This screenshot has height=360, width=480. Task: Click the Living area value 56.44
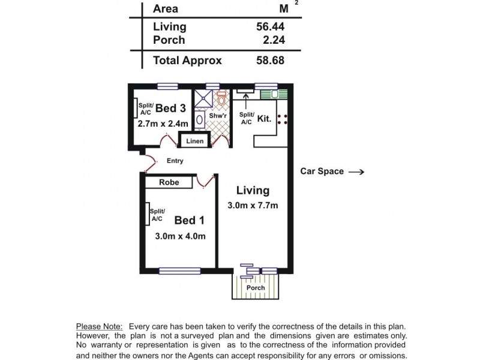pyautogui.click(x=269, y=26)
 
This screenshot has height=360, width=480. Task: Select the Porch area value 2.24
pyautogui.click(x=273, y=40)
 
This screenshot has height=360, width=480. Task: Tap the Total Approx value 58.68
pyautogui.click(x=269, y=60)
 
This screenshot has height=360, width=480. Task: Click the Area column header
pyautogui.click(x=165, y=8)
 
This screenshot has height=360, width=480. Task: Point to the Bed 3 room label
pyautogui.click(x=170, y=108)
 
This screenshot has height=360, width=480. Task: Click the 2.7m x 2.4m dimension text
pyautogui.click(x=163, y=124)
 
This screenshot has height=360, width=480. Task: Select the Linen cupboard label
pyautogui.click(x=195, y=142)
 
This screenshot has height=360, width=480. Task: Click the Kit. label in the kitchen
pyautogui.click(x=264, y=118)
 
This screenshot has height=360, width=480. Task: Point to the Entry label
pyautogui.click(x=175, y=161)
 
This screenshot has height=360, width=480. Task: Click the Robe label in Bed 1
pyautogui.click(x=169, y=182)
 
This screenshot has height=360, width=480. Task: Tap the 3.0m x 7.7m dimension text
pyautogui.click(x=253, y=206)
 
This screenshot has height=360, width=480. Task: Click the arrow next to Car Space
pyautogui.click(x=356, y=172)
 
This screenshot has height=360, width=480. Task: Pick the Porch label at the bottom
pyautogui.click(x=256, y=288)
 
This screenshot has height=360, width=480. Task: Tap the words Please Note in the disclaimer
pyautogui.click(x=99, y=326)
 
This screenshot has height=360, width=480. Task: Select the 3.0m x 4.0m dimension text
pyautogui.click(x=181, y=236)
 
